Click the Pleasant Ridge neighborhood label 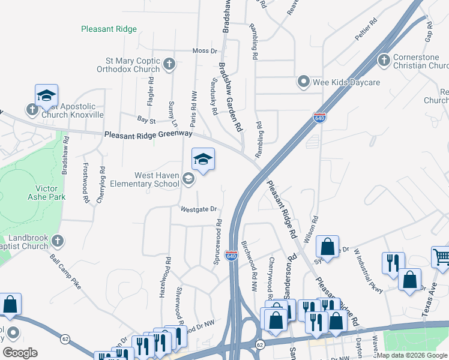pyautogui.click(x=109, y=29)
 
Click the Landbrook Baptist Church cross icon pyautogui.click(x=57, y=241)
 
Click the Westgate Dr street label pyautogui.click(x=198, y=209)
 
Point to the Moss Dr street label pyautogui.click(x=205, y=51)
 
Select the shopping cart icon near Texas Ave pyautogui.click(x=441, y=256)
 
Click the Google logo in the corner pyautogui.click(x=20, y=353)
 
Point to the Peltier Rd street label pyautogui.click(x=366, y=29)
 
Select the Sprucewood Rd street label pyautogui.click(x=218, y=242)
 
